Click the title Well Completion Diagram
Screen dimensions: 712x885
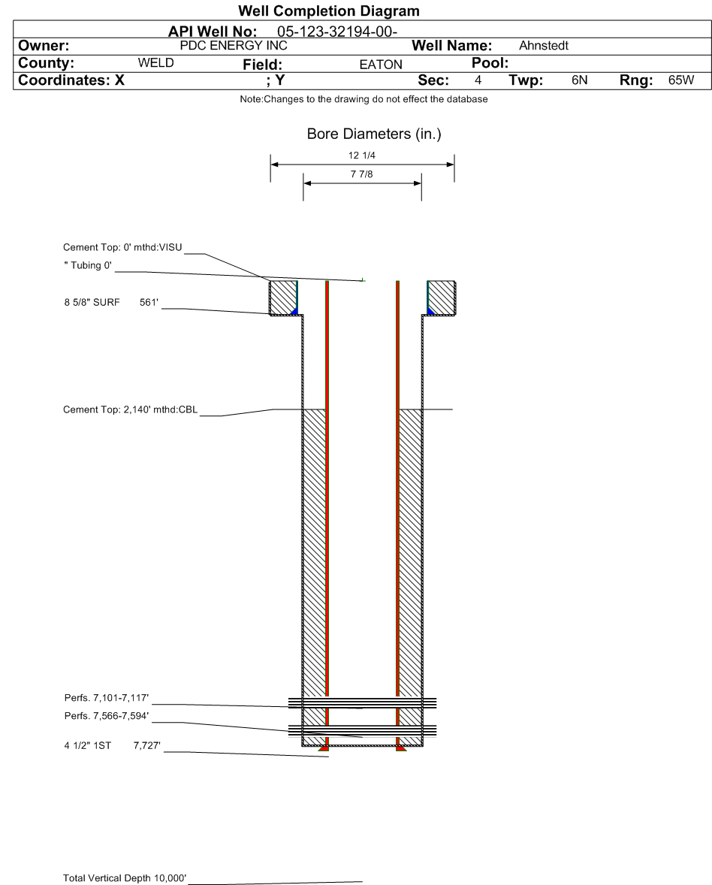pyautogui.click(x=329, y=11)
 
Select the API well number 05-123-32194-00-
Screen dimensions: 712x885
pyautogui.click(x=337, y=32)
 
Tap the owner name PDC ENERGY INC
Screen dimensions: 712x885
pyautogui.click(x=234, y=46)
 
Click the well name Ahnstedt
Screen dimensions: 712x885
pyautogui.click(x=544, y=46)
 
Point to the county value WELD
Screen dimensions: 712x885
pyautogui.click(x=155, y=62)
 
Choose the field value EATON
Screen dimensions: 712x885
pyautogui.click(x=381, y=65)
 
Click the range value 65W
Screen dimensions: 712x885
pyautogui.click(x=681, y=80)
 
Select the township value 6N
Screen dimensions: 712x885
pyautogui.click(x=579, y=80)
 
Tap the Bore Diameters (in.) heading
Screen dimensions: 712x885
pyautogui.click(x=374, y=134)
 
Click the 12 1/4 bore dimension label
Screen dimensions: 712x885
pyautogui.click(x=362, y=156)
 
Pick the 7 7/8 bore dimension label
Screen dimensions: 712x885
pyautogui.click(x=362, y=174)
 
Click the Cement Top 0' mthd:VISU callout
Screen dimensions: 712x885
pyautogui.click(x=122, y=247)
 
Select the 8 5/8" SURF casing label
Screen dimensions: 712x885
pyautogui.click(x=92, y=302)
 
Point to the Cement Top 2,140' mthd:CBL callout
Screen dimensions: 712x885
pyautogui.click(x=131, y=409)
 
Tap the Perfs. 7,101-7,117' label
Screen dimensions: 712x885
pyautogui.click(x=107, y=698)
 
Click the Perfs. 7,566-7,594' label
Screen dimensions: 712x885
pyautogui.click(x=107, y=716)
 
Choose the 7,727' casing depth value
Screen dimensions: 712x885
pyautogui.click(x=146, y=745)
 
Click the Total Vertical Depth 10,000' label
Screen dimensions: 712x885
pyautogui.click(x=125, y=877)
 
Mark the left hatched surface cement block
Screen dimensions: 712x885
pyautogui.click(x=282, y=298)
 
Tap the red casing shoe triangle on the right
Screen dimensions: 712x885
pyautogui.click(x=400, y=748)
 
